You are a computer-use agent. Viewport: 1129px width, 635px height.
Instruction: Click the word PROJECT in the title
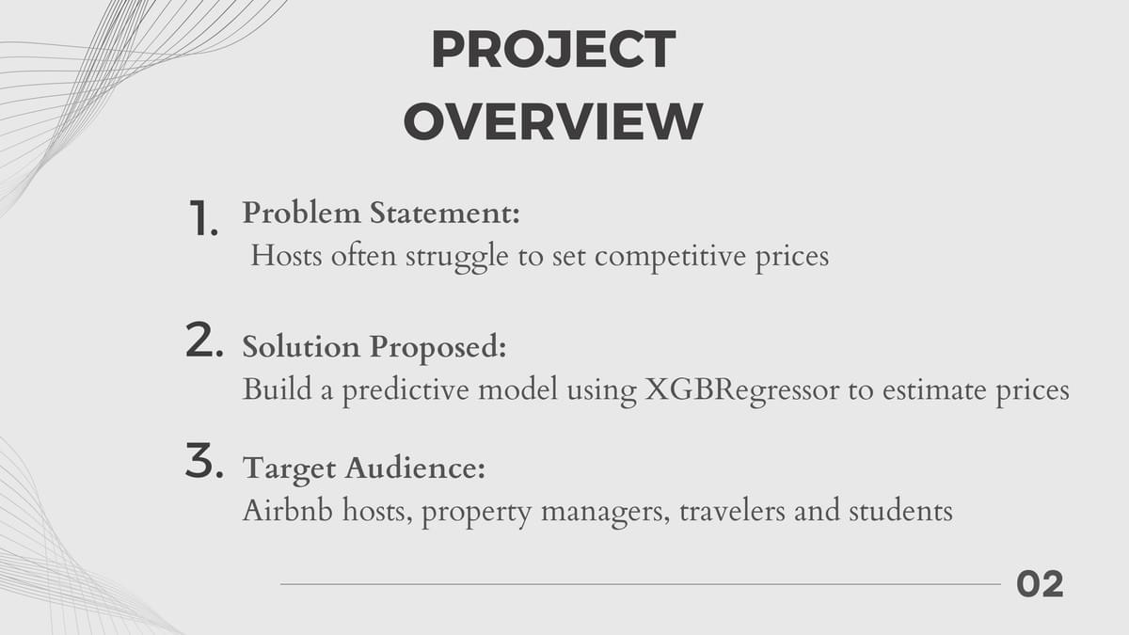553,49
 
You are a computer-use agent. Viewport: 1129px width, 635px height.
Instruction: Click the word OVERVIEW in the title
553,121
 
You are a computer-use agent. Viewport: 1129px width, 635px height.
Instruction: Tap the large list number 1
203,217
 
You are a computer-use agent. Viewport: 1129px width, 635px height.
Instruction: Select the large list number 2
204,341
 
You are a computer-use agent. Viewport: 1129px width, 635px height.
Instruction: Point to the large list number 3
204,460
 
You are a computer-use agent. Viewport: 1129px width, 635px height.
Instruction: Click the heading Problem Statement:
381,213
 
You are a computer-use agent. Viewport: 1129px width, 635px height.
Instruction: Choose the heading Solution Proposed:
374,348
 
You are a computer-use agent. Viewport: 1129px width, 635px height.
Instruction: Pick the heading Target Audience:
364,468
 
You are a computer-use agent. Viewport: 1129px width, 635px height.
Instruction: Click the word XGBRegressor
742,390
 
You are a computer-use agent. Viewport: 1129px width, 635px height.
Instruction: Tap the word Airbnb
288,511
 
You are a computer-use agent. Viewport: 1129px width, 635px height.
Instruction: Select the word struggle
457,257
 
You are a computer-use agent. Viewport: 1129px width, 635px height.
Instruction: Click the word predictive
405,390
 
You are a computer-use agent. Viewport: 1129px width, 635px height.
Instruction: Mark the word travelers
732,511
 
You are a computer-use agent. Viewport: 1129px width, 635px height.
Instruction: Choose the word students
900,511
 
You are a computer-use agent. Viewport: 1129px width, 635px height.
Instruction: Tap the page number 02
1040,584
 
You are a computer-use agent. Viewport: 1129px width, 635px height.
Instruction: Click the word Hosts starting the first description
286,256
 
